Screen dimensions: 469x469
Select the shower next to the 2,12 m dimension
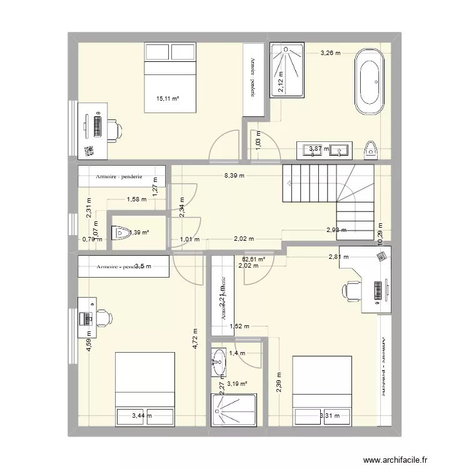[x=286, y=70]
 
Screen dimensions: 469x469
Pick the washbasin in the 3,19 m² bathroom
[x=219, y=363]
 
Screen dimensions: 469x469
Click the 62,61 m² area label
[x=253, y=259]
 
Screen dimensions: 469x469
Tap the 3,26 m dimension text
[x=330, y=53]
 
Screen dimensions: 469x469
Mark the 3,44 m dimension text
[x=142, y=414]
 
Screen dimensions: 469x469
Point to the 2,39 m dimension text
[x=278, y=381]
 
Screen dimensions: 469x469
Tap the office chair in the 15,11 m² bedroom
[x=113, y=129]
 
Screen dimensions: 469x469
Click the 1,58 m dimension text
[x=136, y=200]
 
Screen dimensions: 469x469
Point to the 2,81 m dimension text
[x=339, y=256]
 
